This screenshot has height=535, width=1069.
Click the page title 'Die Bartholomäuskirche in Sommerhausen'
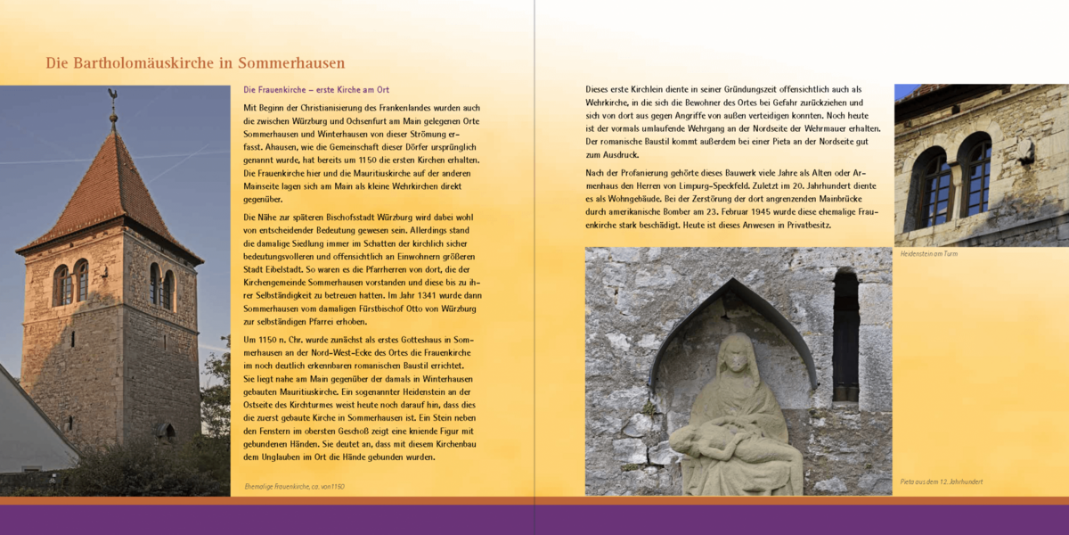click(x=195, y=63)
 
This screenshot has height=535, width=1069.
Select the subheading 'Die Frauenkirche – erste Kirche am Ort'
click(x=316, y=90)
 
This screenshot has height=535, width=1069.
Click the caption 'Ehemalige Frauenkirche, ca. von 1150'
click(x=294, y=486)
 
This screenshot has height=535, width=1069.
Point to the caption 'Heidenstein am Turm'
click(x=929, y=254)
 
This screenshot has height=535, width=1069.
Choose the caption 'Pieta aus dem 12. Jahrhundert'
click(x=941, y=481)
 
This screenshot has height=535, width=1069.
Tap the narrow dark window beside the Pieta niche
click(x=845, y=336)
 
